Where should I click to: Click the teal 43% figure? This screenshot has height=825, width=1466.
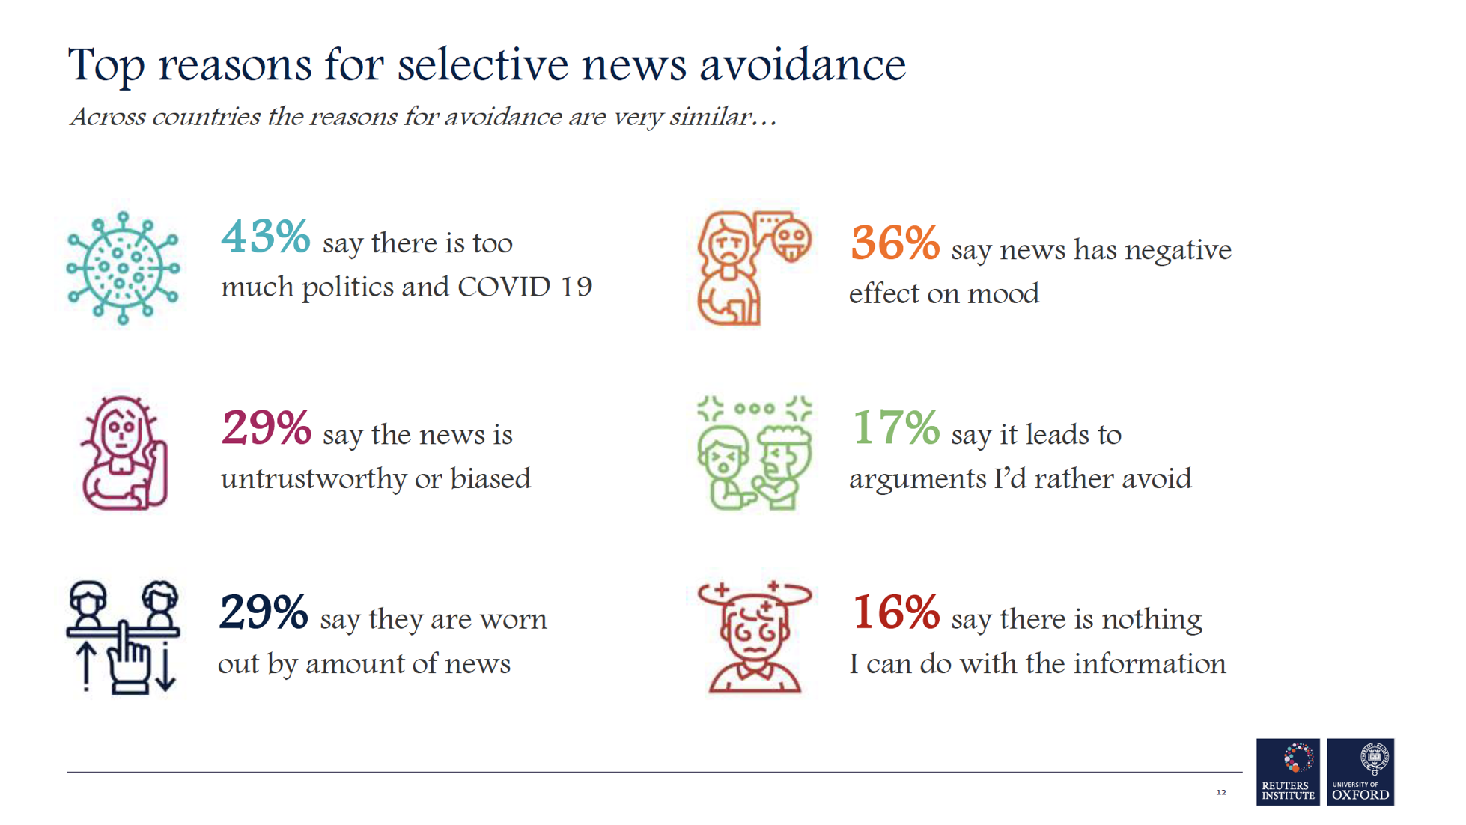point(265,237)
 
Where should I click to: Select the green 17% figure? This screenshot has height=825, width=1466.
point(895,428)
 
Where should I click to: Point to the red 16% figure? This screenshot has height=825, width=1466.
point(895,613)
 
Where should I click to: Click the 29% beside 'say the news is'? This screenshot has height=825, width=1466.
point(266,428)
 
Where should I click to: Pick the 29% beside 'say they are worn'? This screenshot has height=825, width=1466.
point(263,613)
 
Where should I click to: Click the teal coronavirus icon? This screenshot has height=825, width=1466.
point(123,268)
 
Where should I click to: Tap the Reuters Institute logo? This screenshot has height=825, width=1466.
point(1287,772)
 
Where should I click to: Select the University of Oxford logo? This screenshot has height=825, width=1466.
point(1360,772)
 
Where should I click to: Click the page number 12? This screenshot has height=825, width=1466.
point(1220,792)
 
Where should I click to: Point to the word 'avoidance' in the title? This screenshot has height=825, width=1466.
point(802,64)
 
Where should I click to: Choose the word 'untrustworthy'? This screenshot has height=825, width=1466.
point(312,479)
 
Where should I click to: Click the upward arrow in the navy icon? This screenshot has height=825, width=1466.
point(87,666)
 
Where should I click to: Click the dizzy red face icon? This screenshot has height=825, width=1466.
point(755,637)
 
